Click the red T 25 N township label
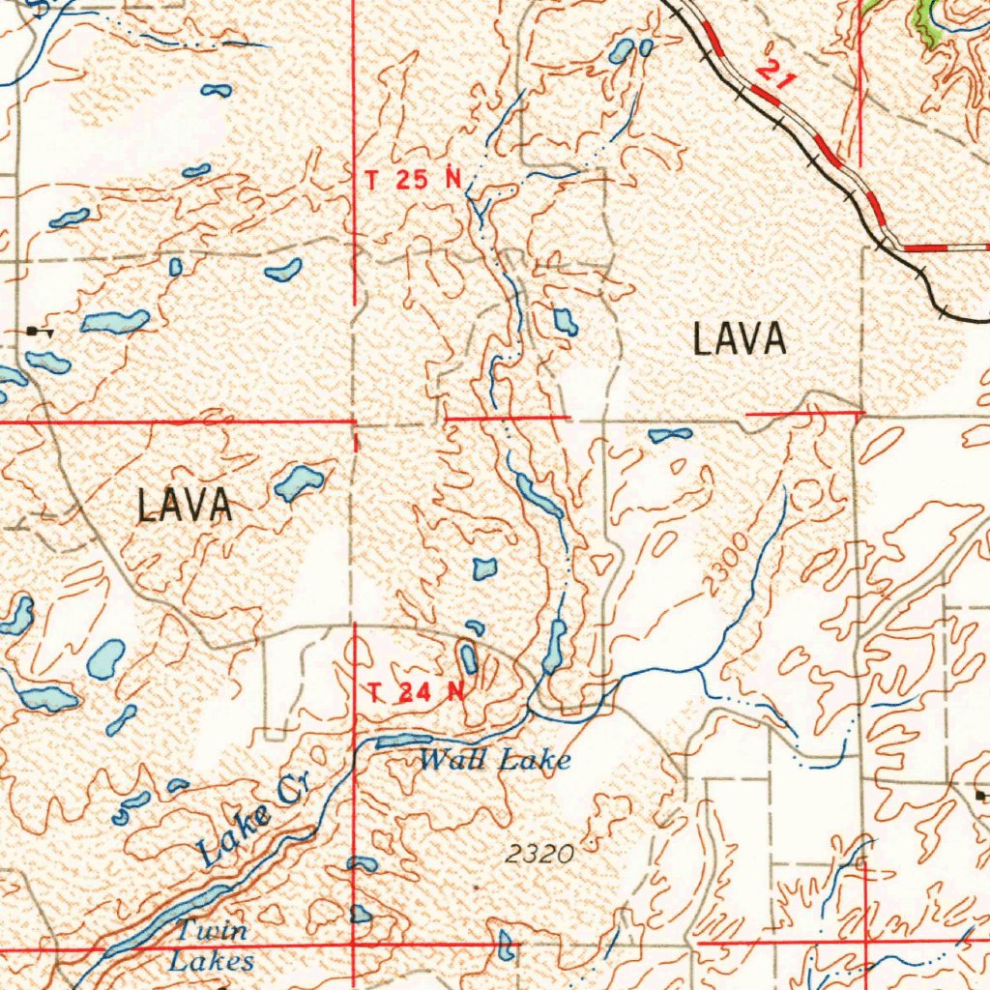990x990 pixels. click(413, 179)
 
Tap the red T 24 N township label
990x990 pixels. click(417, 692)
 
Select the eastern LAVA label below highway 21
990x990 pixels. click(740, 340)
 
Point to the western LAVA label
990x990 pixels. click(185, 506)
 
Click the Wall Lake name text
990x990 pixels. click(494, 761)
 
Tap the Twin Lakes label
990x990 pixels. click(212, 946)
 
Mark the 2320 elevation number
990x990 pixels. click(539, 854)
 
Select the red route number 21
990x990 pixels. click(775, 75)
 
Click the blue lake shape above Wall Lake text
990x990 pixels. click(396, 742)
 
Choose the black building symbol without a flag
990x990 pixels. click(980, 795)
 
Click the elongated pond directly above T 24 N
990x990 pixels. click(469, 659)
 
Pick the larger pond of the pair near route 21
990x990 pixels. click(622, 51)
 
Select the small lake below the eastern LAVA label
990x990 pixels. click(670, 435)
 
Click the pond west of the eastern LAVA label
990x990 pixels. click(565, 322)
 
